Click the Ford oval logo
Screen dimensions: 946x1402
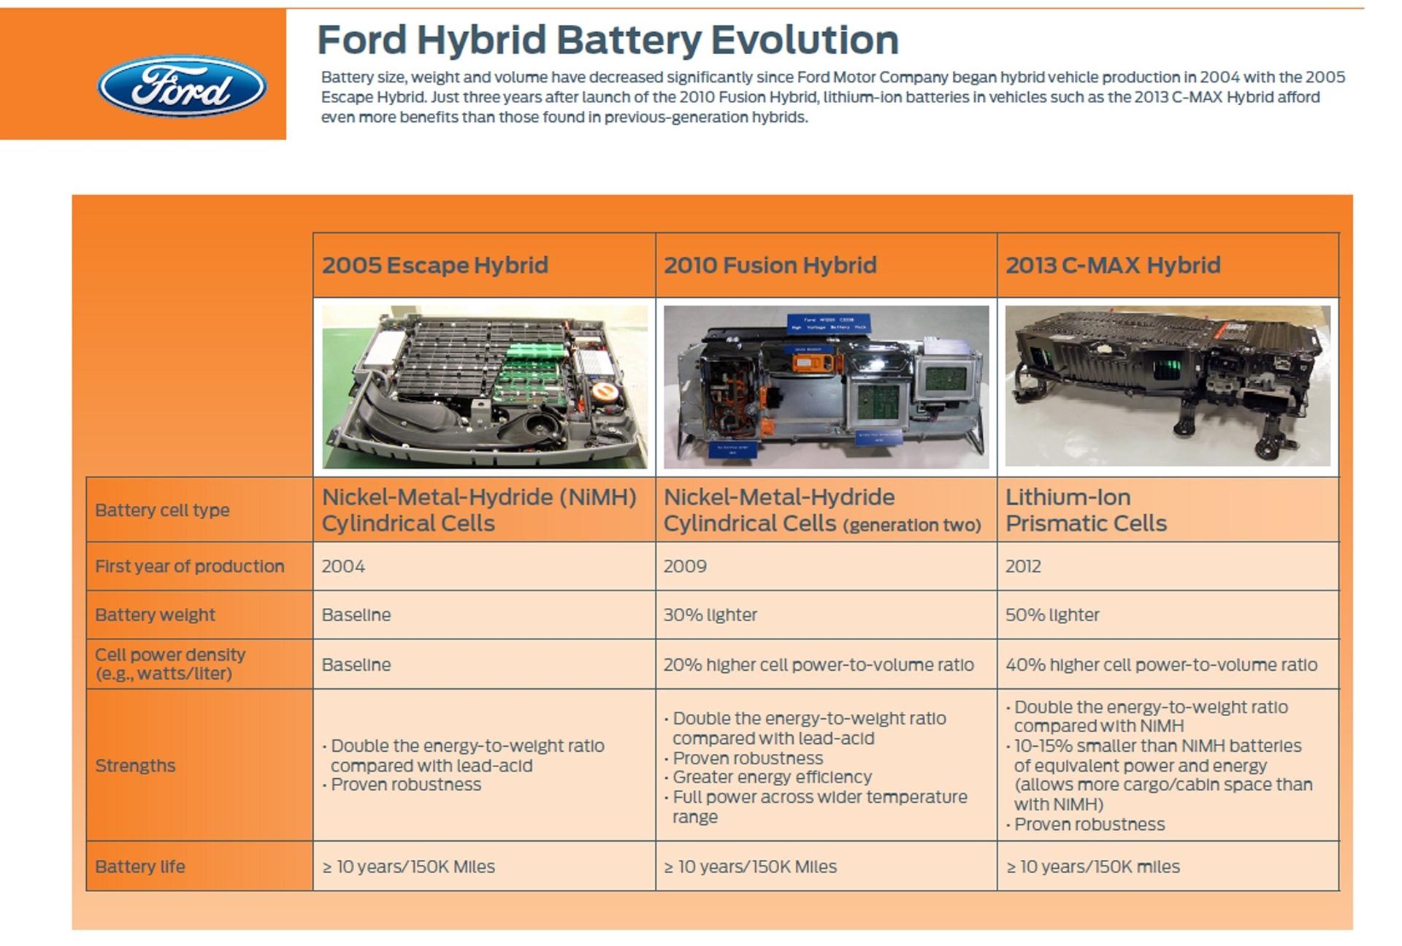pyautogui.click(x=182, y=86)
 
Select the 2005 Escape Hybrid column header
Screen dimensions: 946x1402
pyautogui.click(x=434, y=265)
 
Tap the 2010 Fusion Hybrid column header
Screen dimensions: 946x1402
pyautogui.click(x=770, y=265)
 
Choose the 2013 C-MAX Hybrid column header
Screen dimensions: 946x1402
pyautogui.click(x=1112, y=265)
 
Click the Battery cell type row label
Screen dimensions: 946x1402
pyautogui.click(x=162, y=510)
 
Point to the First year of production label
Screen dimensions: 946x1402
pyautogui.click(x=189, y=566)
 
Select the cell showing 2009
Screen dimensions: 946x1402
pyautogui.click(x=685, y=566)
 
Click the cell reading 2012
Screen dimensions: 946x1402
pyautogui.click(x=1023, y=566)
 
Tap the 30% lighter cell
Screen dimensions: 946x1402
pyautogui.click(x=710, y=615)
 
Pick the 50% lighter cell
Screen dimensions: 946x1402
pyautogui.click(x=1051, y=615)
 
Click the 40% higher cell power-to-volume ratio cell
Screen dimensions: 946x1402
pyautogui.click(x=1161, y=665)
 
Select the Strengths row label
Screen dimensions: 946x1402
pyautogui.click(x=135, y=766)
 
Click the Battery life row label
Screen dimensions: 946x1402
pyautogui.click(x=139, y=866)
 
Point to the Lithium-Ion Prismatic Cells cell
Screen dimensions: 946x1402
pyautogui.click(x=1086, y=510)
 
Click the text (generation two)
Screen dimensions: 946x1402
pyautogui.click(x=911, y=526)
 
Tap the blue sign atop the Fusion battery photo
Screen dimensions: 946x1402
pyautogui.click(x=828, y=323)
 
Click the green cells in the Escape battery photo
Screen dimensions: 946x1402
pyautogui.click(x=537, y=352)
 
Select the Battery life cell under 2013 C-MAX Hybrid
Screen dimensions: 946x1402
pyautogui.click(x=1092, y=866)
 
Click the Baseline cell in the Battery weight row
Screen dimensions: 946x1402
pyautogui.click(x=356, y=615)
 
